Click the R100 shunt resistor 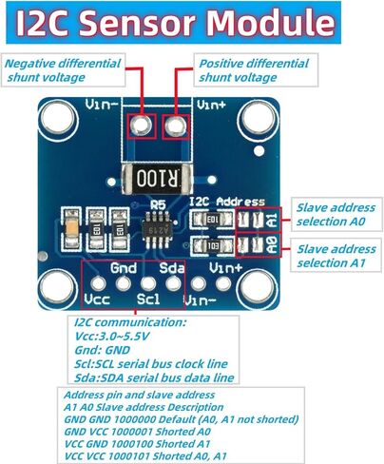(157, 179)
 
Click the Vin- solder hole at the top (142, 126)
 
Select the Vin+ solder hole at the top (176, 126)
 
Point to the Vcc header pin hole (99, 283)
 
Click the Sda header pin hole (173, 283)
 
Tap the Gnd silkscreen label (124, 268)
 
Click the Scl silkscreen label (148, 299)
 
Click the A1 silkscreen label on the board (273, 220)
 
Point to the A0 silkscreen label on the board (273, 245)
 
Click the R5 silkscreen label (158, 204)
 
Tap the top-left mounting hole (58, 118)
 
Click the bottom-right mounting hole (257, 287)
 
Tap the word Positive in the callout (221, 64)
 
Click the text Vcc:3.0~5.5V (112, 337)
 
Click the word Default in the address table (176, 419)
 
